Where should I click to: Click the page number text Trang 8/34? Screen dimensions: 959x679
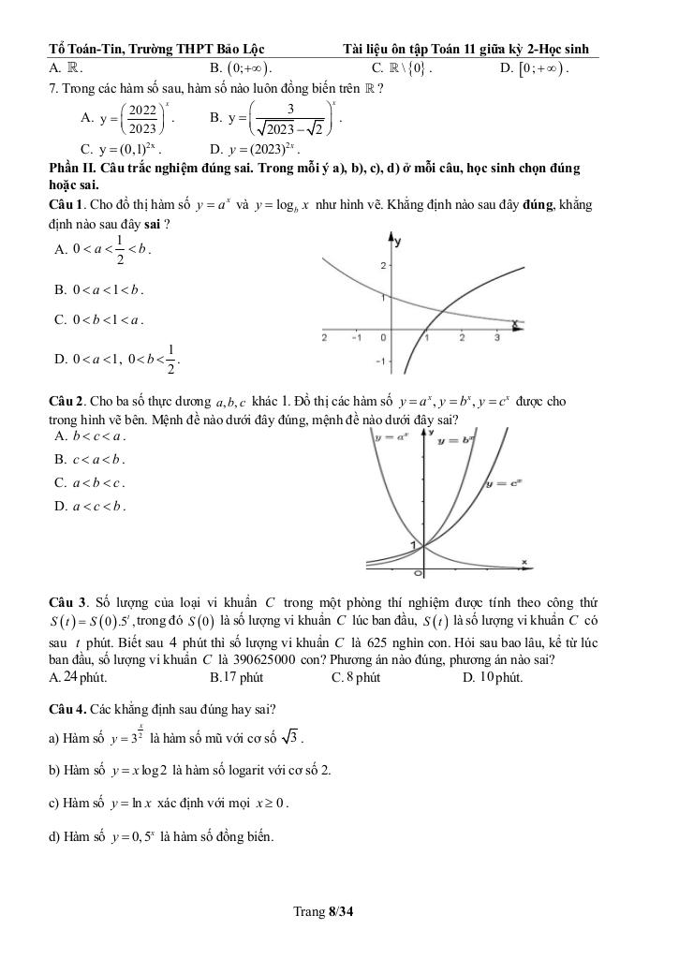point(326,911)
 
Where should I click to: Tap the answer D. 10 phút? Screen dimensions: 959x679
point(493,677)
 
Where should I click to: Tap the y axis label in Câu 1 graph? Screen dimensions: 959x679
point(400,242)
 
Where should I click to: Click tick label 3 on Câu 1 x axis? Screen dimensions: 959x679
point(496,336)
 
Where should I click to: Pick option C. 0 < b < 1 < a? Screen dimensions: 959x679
point(98,319)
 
